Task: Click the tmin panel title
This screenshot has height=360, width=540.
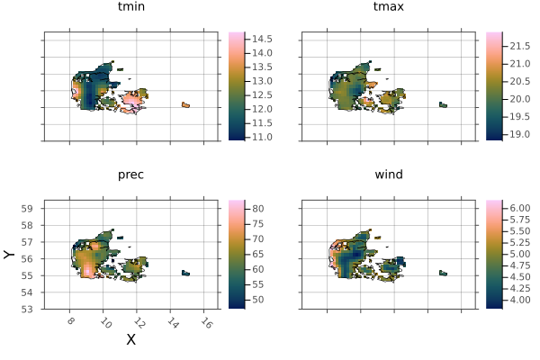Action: [x=130, y=8]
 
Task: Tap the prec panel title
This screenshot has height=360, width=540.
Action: [x=130, y=175]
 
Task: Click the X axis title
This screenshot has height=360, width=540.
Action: [x=130, y=340]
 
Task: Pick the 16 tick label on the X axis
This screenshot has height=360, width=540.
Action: [x=205, y=322]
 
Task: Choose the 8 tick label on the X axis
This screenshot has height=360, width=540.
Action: [x=71, y=322]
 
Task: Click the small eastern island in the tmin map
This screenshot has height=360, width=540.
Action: [x=185, y=105]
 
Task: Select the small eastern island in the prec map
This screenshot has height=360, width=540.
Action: [x=185, y=273]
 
